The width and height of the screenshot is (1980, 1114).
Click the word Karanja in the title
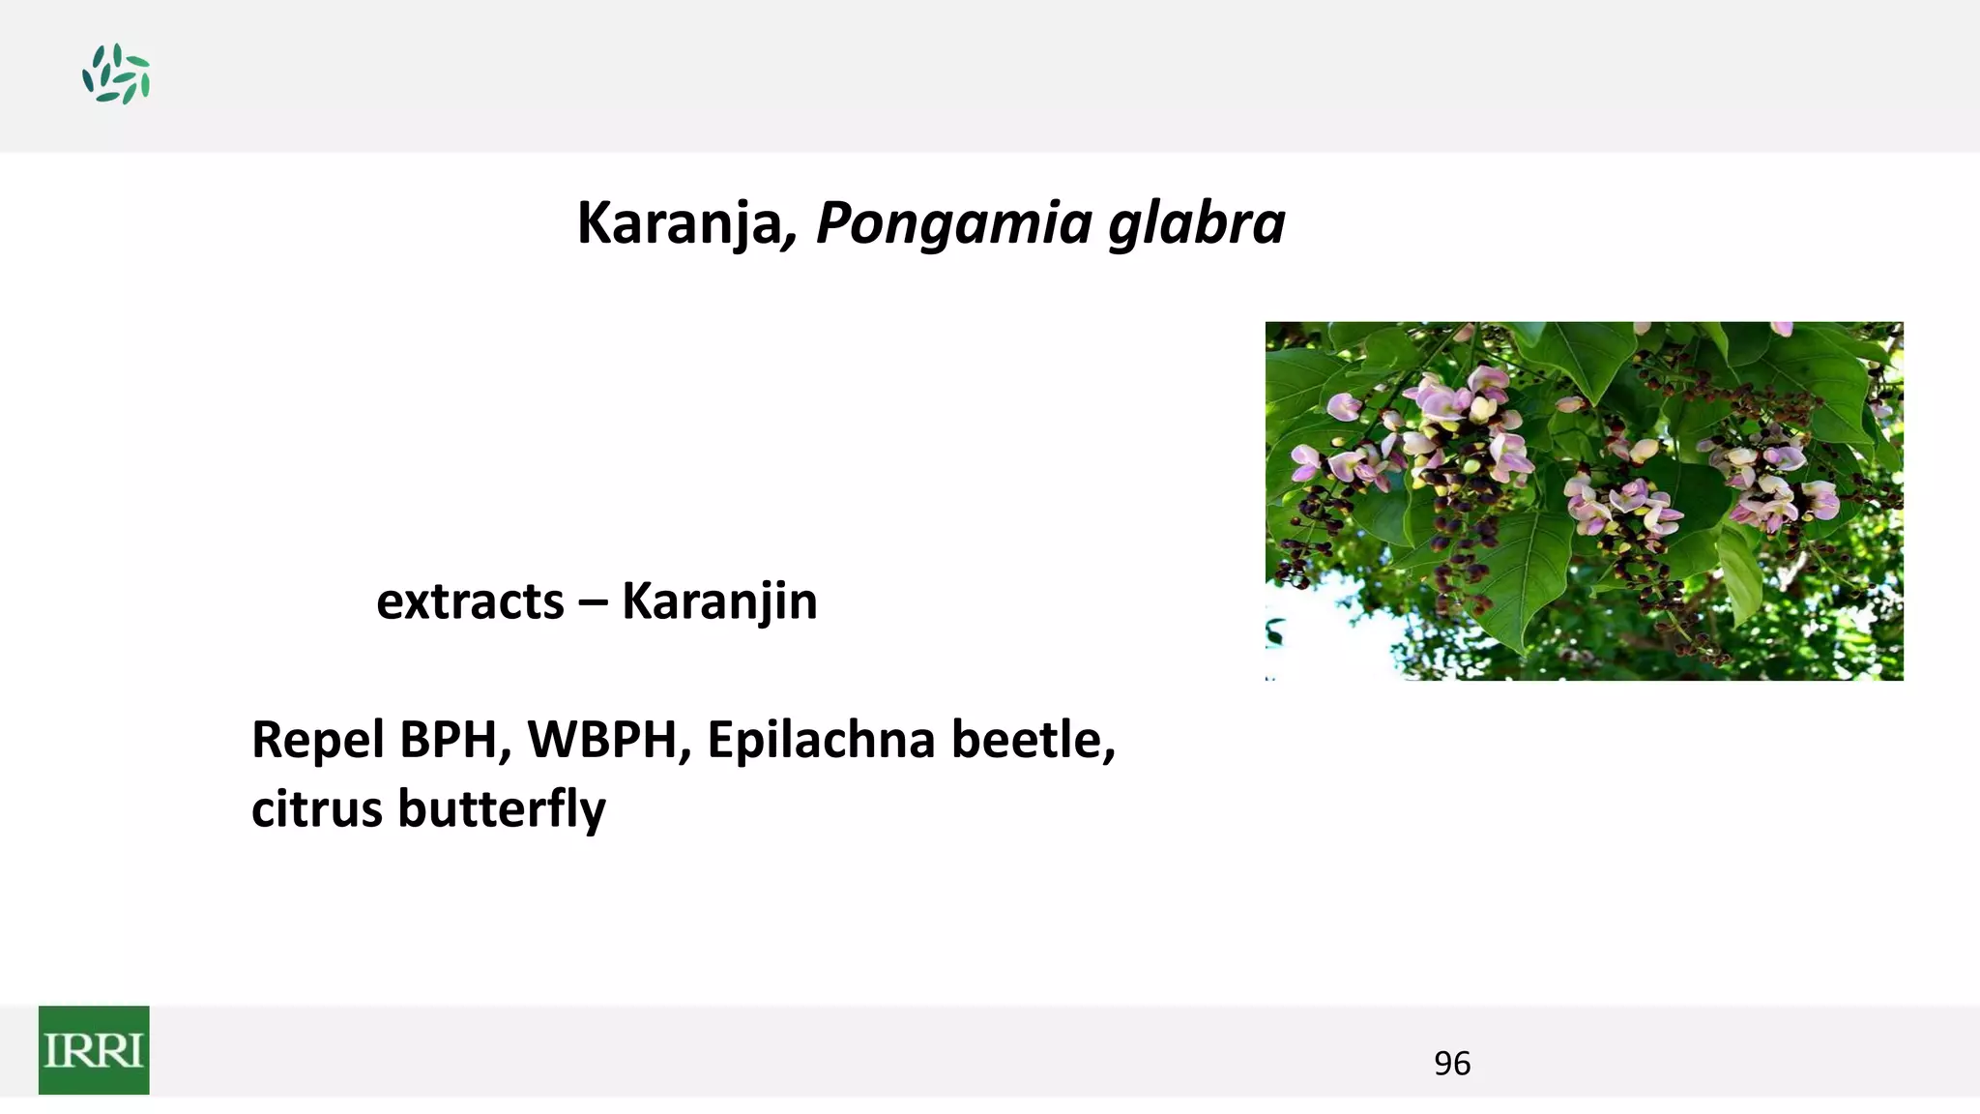point(678,222)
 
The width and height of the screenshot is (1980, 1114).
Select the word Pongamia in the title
point(953,224)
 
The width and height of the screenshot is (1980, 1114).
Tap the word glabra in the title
point(1196,223)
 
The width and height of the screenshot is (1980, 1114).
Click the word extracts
point(470,601)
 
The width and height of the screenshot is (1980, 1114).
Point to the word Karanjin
point(719,601)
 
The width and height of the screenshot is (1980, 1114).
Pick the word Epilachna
point(821,740)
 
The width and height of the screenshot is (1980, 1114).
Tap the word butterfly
point(502,809)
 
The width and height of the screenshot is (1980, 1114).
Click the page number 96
point(1451,1064)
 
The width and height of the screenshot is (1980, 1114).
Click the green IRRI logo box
point(94,1050)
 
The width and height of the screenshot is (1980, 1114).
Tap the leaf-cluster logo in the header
point(116,73)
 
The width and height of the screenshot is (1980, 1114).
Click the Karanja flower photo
point(1584,501)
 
